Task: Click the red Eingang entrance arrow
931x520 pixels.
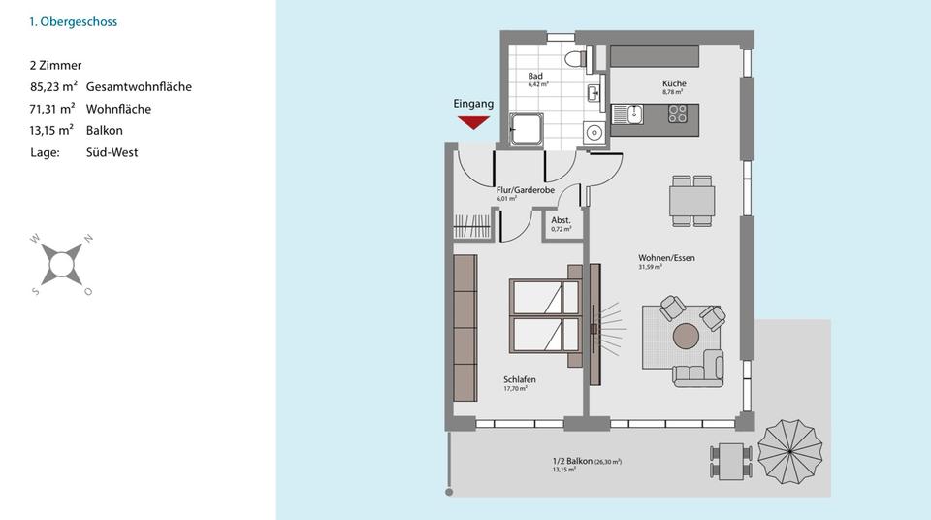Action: (473, 121)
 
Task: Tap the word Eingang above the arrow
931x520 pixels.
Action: (473, 104)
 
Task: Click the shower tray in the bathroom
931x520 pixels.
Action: (527, 128)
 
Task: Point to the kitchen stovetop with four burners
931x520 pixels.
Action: (676, 115)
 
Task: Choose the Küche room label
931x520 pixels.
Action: (674, 84)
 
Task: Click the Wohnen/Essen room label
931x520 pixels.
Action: (665, 258)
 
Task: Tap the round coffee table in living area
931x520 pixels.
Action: (687, 336)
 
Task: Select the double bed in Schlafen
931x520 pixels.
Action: (546, 317)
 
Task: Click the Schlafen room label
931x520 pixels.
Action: (519, 379)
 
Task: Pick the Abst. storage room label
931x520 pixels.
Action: (561, 220)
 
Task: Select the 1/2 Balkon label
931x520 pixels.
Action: (572, 461)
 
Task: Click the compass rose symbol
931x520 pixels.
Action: (62, 263)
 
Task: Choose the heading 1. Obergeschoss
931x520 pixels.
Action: (73, 21)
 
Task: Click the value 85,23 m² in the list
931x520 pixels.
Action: (53, 87)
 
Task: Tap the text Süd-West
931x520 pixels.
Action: (112, 152)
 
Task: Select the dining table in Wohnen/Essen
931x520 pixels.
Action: (692, 201)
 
